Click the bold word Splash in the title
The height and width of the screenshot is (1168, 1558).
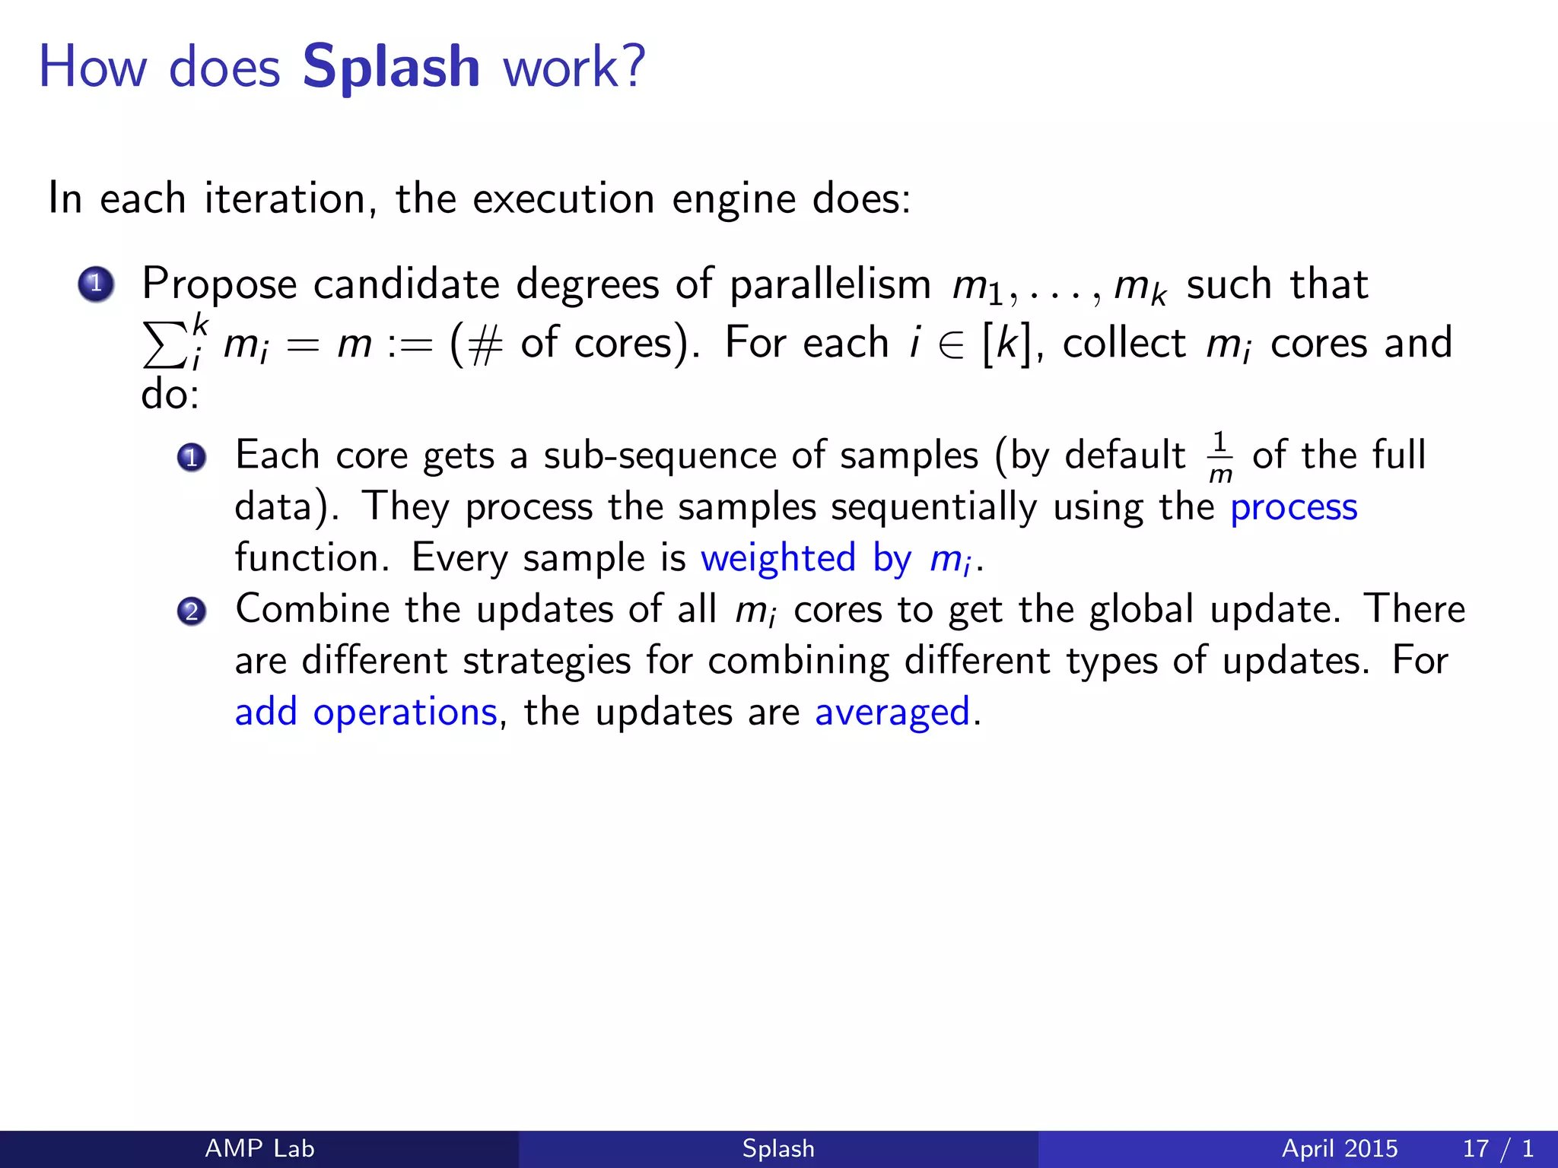click(391, 67)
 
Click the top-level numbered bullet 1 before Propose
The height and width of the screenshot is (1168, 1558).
click(96, 285)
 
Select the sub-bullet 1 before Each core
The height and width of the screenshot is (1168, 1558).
click(192, 457)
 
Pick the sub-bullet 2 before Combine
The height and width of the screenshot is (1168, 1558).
click(192, 611)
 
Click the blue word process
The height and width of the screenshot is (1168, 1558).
click(1293, 508)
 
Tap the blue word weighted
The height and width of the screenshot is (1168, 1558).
click(778, 559)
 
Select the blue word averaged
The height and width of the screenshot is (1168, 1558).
click(892, 713)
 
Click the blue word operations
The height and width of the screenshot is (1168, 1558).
click(405, 713)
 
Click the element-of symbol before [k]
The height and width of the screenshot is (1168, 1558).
click(950, 344)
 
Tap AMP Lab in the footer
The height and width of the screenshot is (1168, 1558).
click(259, 1148)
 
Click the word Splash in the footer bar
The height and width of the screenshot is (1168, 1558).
click(778, 1148)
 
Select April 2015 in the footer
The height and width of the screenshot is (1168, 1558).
click(1339, 1148)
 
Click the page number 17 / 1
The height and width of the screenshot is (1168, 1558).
click(1497, 1148)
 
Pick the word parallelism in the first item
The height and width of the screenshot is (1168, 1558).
click(830, 285)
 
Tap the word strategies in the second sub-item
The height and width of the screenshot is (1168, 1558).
click(546, 662)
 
